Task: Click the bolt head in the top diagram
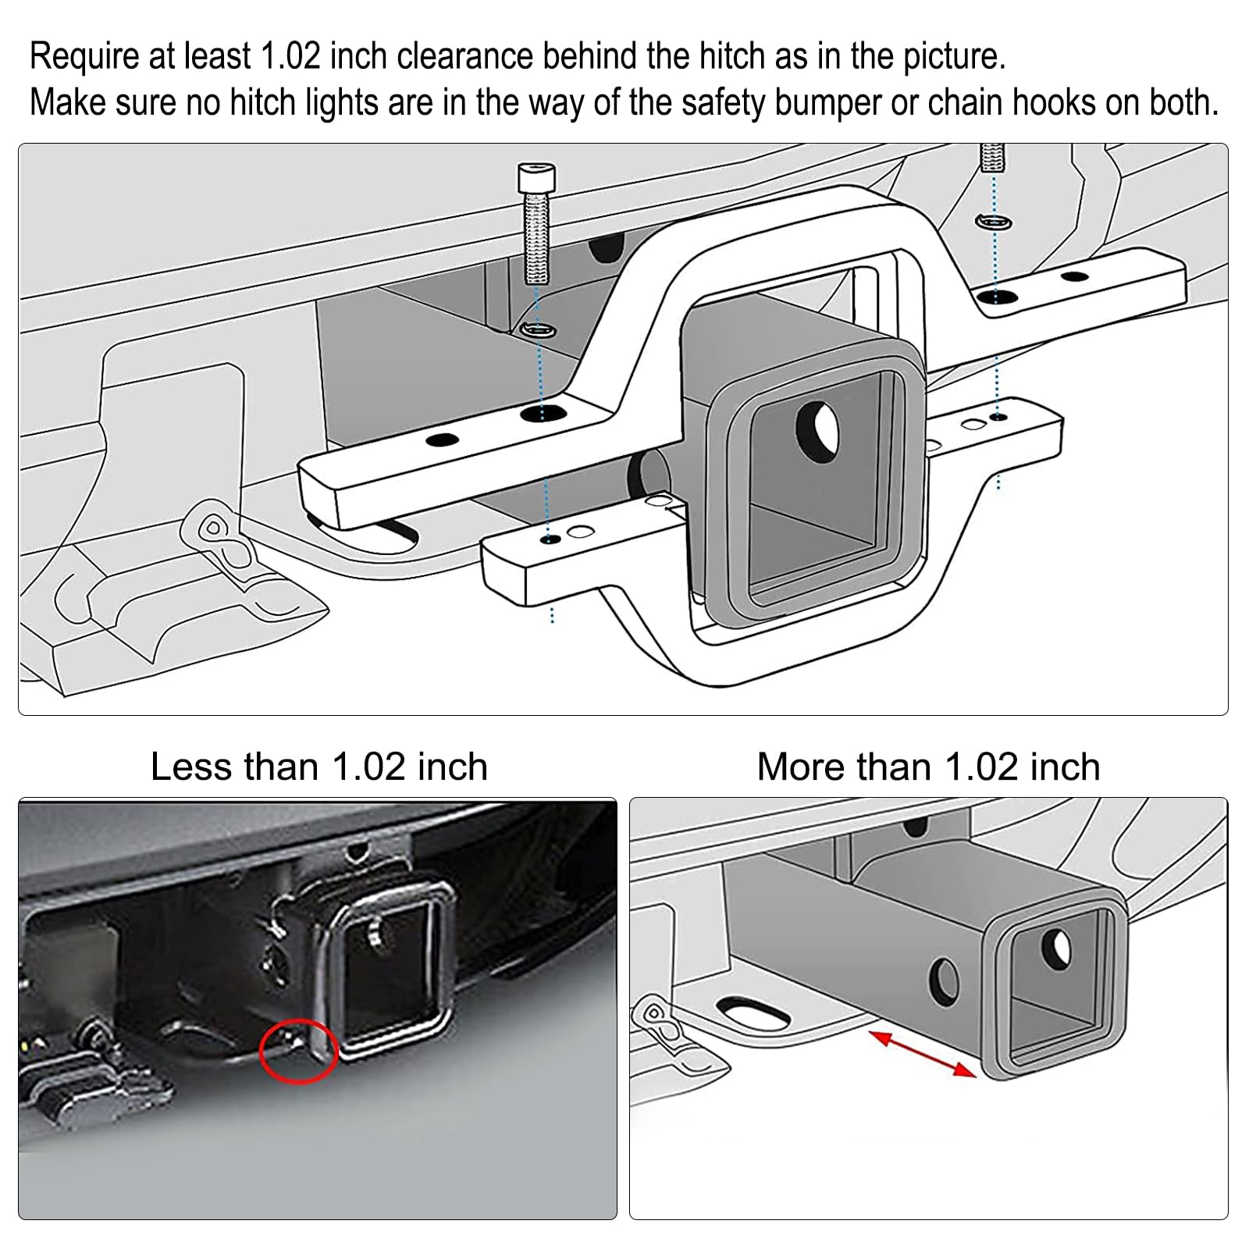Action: tap(537, 176)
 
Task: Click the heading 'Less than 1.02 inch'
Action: tap(318, 767)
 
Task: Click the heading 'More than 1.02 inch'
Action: tap(928, 767)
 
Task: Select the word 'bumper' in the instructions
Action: tap(828, 103)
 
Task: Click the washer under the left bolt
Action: tap(539, 330)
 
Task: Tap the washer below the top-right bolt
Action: tap(994, 223)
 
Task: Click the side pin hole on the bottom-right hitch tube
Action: tap(945, 981)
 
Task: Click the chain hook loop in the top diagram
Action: tap(212, 528)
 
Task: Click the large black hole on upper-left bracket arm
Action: tap(544, 414)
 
